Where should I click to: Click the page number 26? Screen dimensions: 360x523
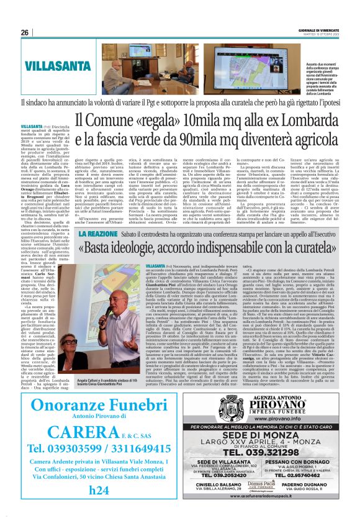pos(25,32)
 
